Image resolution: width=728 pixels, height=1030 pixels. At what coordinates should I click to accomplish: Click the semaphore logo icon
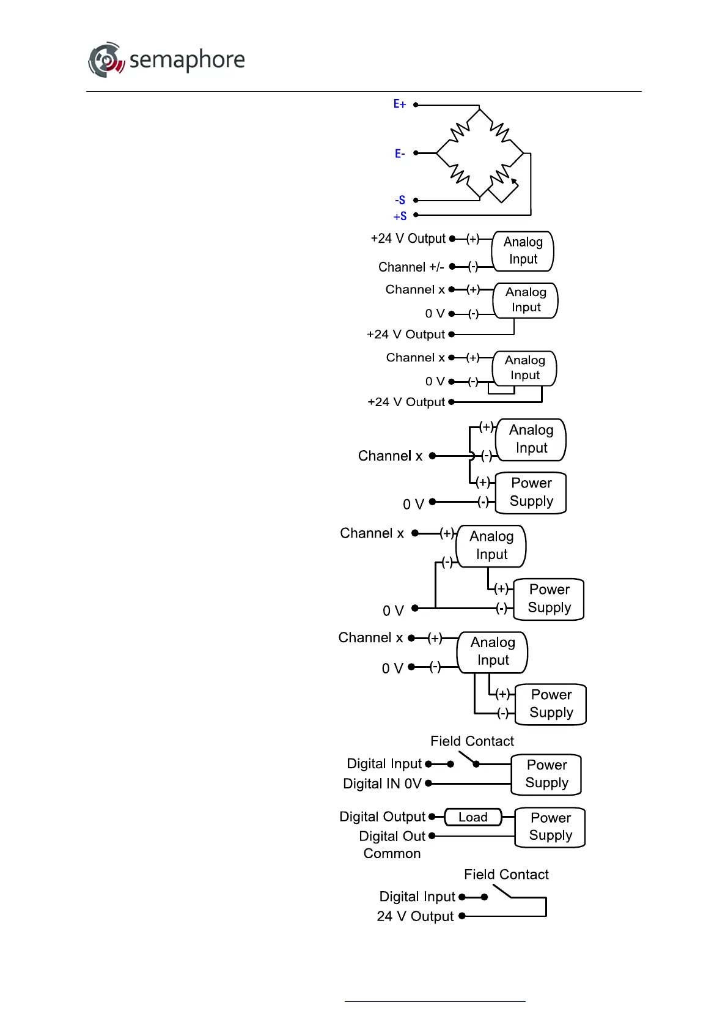pyautogui.click(x=106, y=60)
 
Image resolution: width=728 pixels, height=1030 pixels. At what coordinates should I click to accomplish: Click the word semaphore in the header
pyautogui.click(x=187, y=60)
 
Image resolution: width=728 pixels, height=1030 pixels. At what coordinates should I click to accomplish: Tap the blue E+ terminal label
pyautogui.click(x=399, y=105)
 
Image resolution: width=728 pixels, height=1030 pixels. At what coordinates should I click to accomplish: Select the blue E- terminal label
pyautogui.click(x=399, y=154)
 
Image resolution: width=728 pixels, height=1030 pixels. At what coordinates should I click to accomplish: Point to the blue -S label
pyautogui.click(x=400, y=200)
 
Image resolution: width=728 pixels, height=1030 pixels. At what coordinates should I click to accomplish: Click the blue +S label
pyautogui.click(x=400, y=216)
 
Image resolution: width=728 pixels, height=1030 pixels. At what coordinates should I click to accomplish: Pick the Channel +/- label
pyautogui.click(x=411, y=267)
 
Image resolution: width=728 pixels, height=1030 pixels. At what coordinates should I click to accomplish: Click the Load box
pyautogui.click(x=473, y=817)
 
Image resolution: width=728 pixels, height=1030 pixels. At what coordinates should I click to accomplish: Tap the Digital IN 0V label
pyautogui.click(x=382, y=784)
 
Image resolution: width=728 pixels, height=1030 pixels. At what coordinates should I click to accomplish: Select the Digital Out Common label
pyautogui.click(x=392, y=845)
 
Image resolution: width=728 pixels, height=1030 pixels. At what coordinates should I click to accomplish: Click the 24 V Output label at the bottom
pyautogui.click(x=415, y=916)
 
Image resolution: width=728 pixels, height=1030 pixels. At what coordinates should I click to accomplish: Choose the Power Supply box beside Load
pyautogui.click(x=550, y=827)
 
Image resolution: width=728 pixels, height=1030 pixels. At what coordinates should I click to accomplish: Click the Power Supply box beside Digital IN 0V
pyautogui.click(x=546, y=774)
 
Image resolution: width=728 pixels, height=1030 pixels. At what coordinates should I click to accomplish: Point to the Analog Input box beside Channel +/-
pyautogui.click(x=523, y=251)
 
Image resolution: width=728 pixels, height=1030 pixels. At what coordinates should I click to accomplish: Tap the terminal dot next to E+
pyautogui.click(x=416, y=105)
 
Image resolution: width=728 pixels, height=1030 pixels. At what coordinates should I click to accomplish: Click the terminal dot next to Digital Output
pyautogui.click(x=432, y=817)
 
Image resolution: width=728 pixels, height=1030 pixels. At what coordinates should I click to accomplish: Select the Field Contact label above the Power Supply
pyautogui.click(x=472, y=741)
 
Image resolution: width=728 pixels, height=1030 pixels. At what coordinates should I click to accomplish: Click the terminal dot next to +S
pyautogui.click(x=416, y=215)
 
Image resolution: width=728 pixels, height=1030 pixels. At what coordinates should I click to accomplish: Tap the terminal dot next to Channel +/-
pyautogui.click(x=452, y=267)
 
